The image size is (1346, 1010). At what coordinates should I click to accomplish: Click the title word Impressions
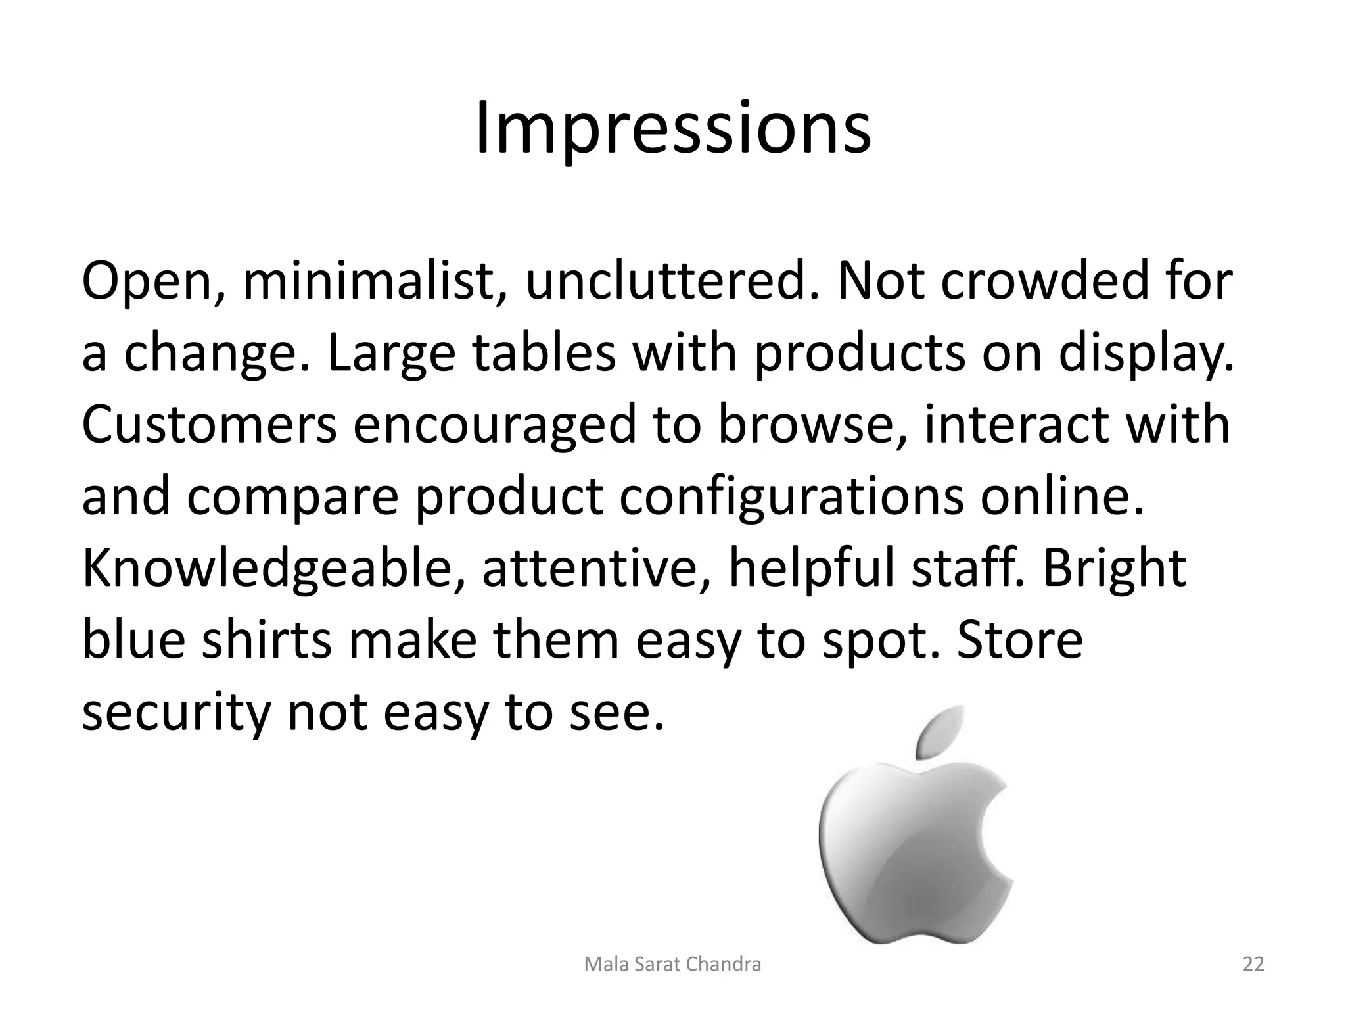pos(672,128)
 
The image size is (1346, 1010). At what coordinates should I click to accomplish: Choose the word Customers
pos(209,425)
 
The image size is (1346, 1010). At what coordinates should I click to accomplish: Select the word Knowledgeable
pos(273,569)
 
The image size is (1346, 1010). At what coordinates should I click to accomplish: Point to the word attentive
pos(588,569)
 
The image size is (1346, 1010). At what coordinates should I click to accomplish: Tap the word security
pos(176,713)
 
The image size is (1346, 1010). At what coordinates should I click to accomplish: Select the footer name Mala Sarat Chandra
pos(672,965)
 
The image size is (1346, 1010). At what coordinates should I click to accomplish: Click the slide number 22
pos(1253,965)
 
